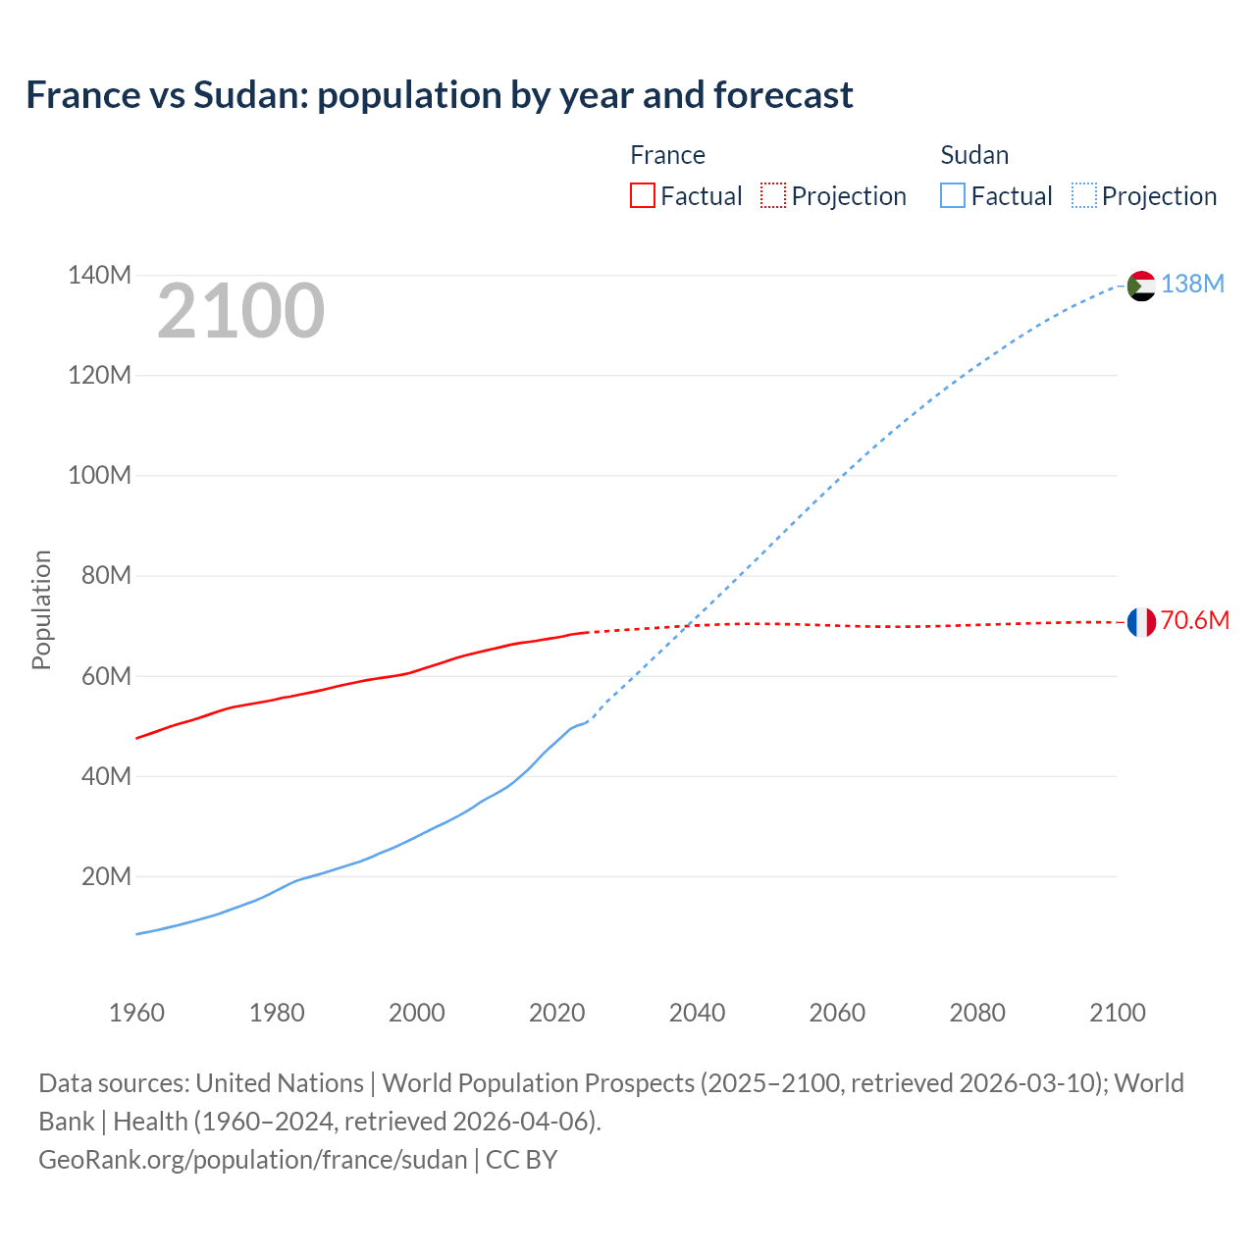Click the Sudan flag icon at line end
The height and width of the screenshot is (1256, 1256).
(1140, 286)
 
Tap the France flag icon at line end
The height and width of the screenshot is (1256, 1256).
(1140, 622)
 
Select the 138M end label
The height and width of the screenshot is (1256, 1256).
(1192, 285)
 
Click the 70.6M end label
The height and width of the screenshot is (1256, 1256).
(1194, 620)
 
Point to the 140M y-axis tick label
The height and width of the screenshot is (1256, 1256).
(99, 276)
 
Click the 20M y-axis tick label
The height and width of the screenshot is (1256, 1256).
(106, 876)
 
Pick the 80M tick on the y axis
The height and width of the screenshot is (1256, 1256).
(106, 576)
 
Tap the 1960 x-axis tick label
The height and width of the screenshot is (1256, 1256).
(136, 1013)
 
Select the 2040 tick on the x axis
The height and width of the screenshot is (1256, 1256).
(697, 1013)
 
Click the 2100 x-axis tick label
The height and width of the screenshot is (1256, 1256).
(1117, 1013)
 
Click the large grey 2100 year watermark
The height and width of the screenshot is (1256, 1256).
(240, 311)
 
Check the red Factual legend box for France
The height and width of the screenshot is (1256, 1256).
(642, 196)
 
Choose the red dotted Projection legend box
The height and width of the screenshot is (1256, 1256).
(773, 196)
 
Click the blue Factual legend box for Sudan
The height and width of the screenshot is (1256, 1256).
(953, 196)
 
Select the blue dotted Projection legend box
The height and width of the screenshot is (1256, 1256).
(1084, 196)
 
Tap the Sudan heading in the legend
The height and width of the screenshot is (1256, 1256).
(973, 155)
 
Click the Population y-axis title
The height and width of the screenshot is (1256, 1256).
(41, 609)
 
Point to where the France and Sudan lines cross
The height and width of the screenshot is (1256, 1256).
(687, 625)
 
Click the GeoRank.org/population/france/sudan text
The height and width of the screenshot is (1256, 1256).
(252, 1160)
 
